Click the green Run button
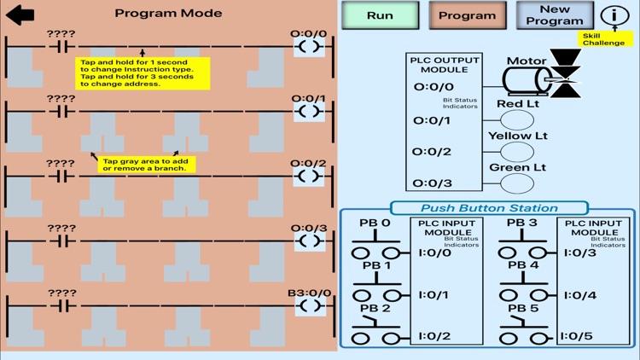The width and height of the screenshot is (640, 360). (381, 15)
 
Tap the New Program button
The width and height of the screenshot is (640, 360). (555, 15)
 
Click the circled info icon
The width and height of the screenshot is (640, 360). (614, 15)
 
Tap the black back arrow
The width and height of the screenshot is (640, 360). (20, 14)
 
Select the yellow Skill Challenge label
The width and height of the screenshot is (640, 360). (604, 39)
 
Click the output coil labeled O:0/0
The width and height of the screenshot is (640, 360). (309, 47)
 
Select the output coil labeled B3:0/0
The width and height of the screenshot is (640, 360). (309, 305)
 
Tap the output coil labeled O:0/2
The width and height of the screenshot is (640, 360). (309, 176)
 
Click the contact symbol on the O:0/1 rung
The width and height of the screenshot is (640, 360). (61, 111)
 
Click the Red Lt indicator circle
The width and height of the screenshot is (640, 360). (516, 120)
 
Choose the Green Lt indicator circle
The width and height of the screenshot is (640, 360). (516, 183)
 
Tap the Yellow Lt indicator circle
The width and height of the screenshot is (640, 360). (516, 152)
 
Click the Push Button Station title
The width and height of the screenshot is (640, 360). (489, 208)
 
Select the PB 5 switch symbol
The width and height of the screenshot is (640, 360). (522, 328)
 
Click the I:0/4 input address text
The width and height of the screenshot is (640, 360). (580, 295)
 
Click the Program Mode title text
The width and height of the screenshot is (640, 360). (168, 13)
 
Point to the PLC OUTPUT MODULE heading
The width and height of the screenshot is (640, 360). (445, 64)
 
